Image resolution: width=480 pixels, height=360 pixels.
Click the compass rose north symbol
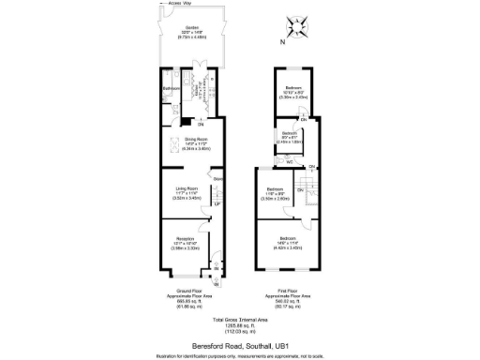pyautogui.click(x=302, y=29)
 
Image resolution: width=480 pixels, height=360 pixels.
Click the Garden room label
pyautogui.click(x=191, y=28)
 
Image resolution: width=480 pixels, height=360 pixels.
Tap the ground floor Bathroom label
pyautogui.click(x=171, y=89)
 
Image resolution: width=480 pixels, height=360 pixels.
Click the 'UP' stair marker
pyautogui.click(x=216, y=204)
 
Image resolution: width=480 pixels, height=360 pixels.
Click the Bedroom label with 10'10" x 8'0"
pyautogui.click(x=294, y=88)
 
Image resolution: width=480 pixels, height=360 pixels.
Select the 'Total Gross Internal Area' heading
pyautogui.click(x=240, y=320)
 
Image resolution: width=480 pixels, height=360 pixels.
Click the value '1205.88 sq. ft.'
pyautogui.click(x=240, y=325)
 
